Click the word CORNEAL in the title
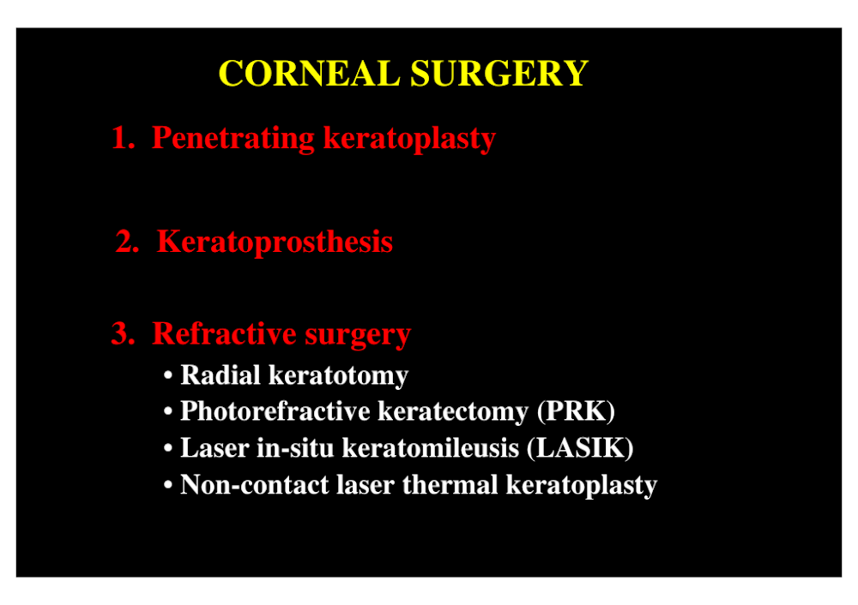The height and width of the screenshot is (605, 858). click(309, 73)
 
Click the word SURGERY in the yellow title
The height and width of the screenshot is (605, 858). click(499, 73)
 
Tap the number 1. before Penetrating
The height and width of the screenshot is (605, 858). click(123, 137)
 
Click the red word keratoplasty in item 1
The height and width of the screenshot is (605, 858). click(409, 139)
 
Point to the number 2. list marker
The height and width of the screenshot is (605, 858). click(128, 242)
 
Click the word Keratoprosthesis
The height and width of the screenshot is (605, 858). click(275, 243)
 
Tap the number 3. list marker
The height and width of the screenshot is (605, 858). click(123, 333)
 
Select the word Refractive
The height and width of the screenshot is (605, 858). click(224, 333)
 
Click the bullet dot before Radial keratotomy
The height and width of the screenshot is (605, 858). click(168, 375)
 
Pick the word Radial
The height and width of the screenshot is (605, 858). click(221, 375)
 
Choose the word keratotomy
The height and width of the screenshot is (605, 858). click(339, 376)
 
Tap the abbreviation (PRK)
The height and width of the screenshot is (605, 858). click(577, 411)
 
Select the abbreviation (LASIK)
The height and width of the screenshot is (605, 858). click(580, 448)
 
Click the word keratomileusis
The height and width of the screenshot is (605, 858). click(431, 448)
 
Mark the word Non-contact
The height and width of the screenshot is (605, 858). click(255, 485)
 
